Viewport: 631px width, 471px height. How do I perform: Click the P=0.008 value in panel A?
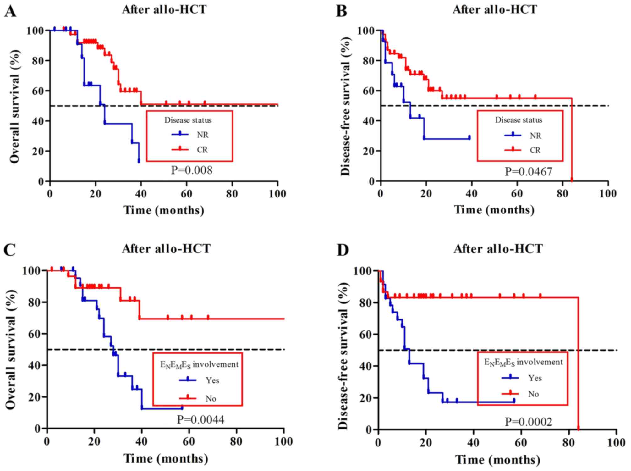pos(191,170)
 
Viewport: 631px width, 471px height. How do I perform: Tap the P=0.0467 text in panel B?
pos(528,172)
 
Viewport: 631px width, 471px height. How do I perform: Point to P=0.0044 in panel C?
pos(200,419)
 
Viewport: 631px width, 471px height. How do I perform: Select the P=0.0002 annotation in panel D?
pos(528,422)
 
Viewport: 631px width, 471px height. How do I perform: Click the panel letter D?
pos(343,250)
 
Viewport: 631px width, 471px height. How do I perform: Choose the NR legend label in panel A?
pos(202,135)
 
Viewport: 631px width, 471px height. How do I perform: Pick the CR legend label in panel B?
pos(535,150)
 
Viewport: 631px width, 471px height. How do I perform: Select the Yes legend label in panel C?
pos(212,380)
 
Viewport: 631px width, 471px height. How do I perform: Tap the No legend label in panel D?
pos(533,394)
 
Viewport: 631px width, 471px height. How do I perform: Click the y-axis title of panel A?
pos(14,106)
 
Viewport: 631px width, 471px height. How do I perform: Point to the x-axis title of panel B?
pos(494,210)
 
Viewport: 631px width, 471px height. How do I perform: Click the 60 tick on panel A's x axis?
pos(186,194)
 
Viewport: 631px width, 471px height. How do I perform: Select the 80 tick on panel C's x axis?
pos(236,441)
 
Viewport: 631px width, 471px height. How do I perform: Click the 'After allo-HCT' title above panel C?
pos(166,249)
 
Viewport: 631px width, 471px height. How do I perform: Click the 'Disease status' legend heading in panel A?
pos(188,120)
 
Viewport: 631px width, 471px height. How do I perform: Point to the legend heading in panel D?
pos(523,363)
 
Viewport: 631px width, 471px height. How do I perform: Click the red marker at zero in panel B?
pos(572,180)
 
